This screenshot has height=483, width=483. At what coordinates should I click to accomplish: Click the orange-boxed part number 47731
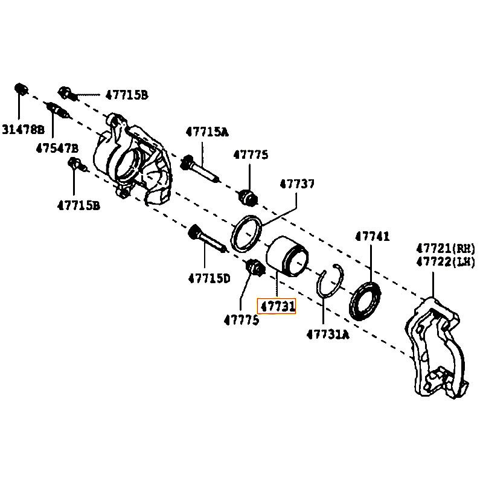(277, 307)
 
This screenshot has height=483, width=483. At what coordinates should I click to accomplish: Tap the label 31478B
(23, 129)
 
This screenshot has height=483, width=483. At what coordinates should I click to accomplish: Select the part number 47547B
(57, 148)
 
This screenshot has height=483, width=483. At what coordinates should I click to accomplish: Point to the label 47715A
(207, 132)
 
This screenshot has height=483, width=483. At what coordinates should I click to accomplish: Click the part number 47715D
(209, 278)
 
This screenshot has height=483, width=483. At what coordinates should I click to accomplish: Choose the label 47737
(296, 184)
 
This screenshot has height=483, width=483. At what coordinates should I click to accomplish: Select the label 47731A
(327, 334)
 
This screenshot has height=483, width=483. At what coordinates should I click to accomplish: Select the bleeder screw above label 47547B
(59, 111)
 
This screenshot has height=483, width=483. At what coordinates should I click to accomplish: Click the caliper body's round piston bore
(129, 161)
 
